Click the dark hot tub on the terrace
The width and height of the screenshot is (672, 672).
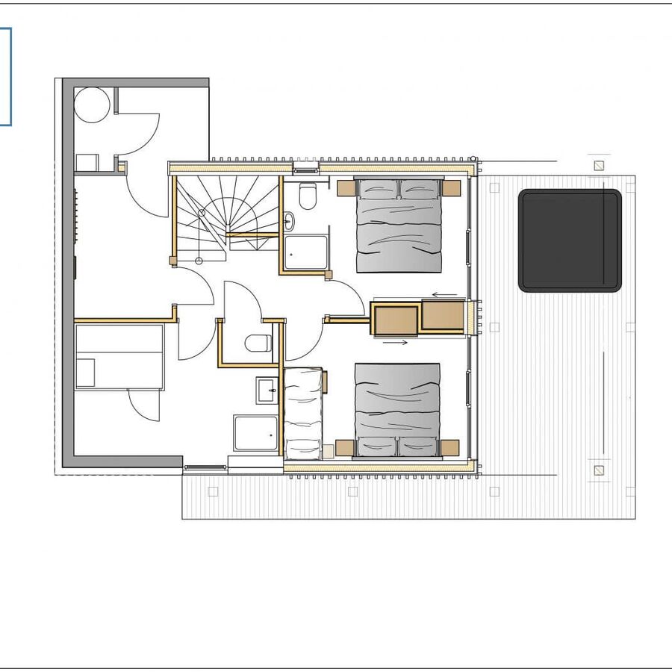pos(570,240)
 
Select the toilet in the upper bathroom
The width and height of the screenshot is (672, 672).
pos(307,196)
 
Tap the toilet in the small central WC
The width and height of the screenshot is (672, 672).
pos(258,343)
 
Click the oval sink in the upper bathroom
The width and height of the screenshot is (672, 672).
pos(289,221)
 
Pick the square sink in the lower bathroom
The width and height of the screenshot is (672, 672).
pos(267,390)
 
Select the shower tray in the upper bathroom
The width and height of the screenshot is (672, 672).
pos(305,252)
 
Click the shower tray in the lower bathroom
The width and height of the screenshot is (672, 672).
pos(256,433)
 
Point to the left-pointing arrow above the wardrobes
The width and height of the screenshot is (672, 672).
pos(446,294)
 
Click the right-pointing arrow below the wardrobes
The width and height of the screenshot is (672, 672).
pos(395,343)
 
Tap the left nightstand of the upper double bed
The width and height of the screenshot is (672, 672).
pos(346,188)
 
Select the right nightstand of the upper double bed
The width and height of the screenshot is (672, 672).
pos(452,187)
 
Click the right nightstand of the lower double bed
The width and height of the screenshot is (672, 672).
pos(449,447)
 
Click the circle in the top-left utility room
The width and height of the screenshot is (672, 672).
pos(93,105)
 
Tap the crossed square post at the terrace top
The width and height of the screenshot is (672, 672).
pos(598,166)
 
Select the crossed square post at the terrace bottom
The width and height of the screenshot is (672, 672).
pos(598,470)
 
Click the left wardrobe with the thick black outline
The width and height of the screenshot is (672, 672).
pos(395,320)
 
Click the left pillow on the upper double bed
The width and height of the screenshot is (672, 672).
pos(378,190)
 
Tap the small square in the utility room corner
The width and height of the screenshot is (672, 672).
pos(87,163)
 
